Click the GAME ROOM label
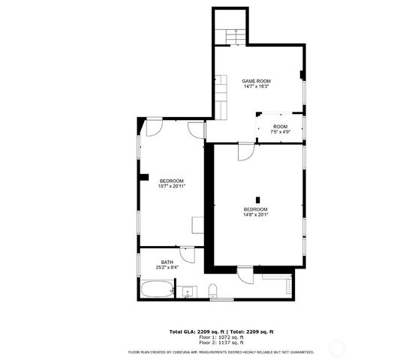tap(256, 81)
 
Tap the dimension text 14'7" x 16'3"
tap(256, 87)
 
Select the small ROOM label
tap(280, 127)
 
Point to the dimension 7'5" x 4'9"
tap(280, 132)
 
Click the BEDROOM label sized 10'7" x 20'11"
tap(171, 181)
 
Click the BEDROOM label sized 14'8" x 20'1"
tap(255, 209)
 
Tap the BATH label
tap(166, 262)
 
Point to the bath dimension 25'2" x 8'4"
tap(166, 267)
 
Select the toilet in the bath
tap(213, 291)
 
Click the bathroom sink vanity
tap(188, 290)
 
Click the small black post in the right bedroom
tap(257, 189)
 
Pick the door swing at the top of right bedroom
tap(245, 151)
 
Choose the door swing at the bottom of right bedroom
tap(245, 274)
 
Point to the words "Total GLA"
tap(183, 331)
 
